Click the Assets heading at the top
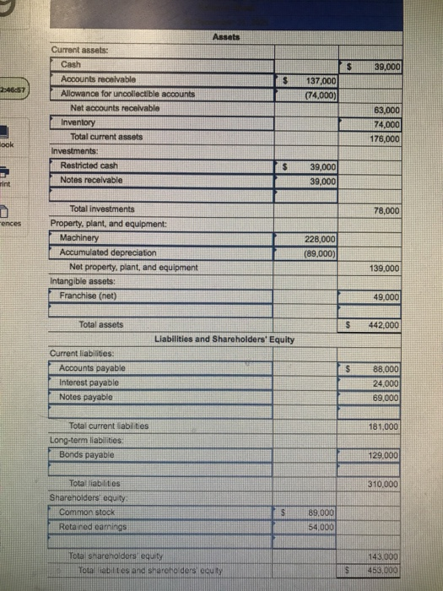pyautogui.click(x=225, y=38)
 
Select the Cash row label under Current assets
pyautogui.click(x=72, y=65)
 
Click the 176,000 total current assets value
pyautogui.click(x=385, y=138)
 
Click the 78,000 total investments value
pyautogui.click(x=386, y=210)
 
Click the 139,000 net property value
pyautogui.click(x=385, y=268)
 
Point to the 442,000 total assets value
pyautogui.click(x=385, y=325)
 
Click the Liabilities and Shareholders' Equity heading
pyautogui.click(x=225, y=339)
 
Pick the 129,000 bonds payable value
pyautogui.click(x=385, y=455)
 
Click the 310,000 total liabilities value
pyautogui.click(x=385, y=484)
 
